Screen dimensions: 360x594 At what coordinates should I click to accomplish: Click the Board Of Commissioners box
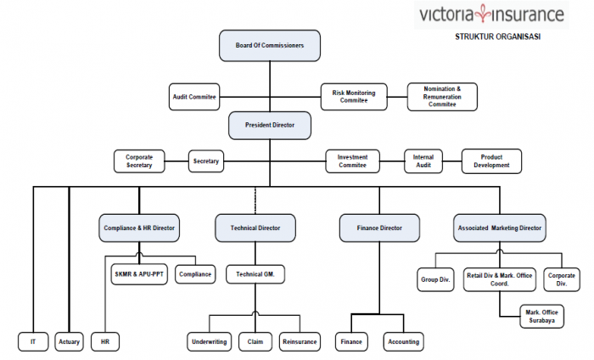coord(270,45)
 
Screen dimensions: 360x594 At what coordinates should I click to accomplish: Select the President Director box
coord(270,125)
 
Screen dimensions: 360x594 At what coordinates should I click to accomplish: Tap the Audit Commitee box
coord(193,98)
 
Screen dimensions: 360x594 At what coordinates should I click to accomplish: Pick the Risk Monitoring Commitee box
coord(354,97)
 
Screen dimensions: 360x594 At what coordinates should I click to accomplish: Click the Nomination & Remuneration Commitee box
coord(442,97)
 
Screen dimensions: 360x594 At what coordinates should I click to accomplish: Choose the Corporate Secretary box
coord(139,160)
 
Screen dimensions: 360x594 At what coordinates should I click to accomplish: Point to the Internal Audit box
coord(423,160)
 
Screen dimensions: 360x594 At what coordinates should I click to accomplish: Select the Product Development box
coord(492,160)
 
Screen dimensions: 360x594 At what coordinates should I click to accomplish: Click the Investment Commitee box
coord(352,160)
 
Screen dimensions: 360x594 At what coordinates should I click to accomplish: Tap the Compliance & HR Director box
coord(139,228)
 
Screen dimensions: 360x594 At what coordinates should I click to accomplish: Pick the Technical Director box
coord(255,228)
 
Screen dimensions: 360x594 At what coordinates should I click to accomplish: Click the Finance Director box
coord(379,228)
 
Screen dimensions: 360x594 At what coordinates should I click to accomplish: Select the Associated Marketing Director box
coord(500,228)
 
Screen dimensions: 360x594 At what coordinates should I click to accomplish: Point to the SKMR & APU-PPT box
coord(141,274)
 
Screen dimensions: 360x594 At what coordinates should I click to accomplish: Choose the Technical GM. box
coord(255,274)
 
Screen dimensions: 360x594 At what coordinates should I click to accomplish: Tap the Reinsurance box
coord(300,341)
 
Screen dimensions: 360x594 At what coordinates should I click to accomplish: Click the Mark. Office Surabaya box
coord(542,317)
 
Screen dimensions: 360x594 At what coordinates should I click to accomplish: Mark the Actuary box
coord(69,341)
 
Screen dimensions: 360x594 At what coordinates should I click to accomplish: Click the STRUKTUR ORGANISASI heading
coord(497,36)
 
